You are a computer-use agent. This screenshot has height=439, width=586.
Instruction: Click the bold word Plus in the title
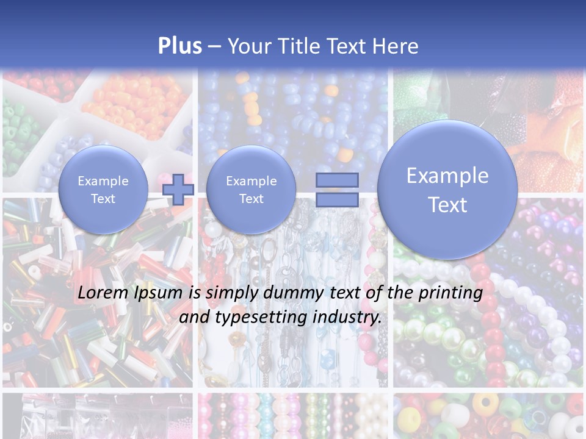coord(179,46)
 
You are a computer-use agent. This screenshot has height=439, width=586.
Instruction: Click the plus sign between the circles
coord(178,189)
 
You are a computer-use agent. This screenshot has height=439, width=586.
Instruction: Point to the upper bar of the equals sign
coord(337,180)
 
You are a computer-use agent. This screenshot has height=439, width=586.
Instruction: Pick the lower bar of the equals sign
coord(337,200)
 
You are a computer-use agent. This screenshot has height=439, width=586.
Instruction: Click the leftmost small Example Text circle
coord(103,190)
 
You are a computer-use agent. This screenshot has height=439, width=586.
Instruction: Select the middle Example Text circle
coord(251,190)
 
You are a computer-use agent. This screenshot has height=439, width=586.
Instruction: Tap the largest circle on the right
coord(447,190)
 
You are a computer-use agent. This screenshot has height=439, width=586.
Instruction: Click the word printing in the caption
coord(450,293)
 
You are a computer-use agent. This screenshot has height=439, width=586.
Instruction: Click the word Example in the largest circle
coord(447,176)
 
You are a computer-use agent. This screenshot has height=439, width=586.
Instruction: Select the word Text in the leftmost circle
coord(103,199)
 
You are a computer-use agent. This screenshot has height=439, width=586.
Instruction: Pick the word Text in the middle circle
coord(251,199)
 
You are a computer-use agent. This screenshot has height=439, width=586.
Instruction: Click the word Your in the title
coord(247,46)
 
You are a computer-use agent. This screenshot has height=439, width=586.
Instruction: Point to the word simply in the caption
coord(227,293)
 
